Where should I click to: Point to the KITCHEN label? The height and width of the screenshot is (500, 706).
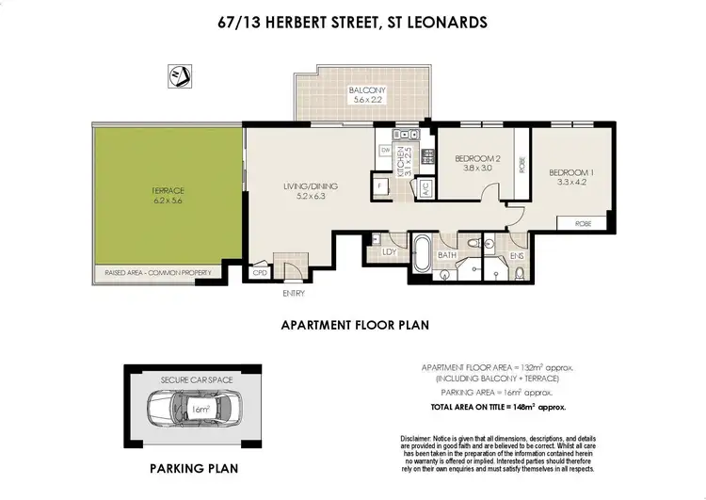tap(399, 162)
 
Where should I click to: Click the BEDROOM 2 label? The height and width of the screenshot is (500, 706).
tap(473, 159)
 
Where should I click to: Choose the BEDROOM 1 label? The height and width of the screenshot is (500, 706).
tap(569, 172)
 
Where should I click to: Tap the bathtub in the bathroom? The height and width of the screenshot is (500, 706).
tap(423, 253)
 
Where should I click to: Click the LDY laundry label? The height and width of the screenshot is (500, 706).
tap(388, 251)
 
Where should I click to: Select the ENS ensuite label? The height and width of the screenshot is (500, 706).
tap(517, 253)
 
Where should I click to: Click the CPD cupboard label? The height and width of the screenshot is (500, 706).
tap(261, 273)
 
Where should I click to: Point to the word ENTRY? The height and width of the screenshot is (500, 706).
tap(293, 294)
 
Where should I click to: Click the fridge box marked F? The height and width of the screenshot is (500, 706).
tap(380, 185)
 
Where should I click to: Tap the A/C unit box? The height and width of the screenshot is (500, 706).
tap(425, 185)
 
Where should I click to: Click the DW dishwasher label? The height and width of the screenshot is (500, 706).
tap(385, 150)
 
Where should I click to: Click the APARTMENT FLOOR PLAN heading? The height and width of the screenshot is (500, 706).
tap(355, 325)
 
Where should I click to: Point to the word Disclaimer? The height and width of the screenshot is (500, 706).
tap(420, 440)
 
